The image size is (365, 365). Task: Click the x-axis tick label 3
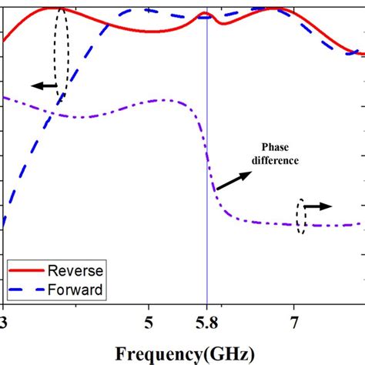pyautogui.click(x=4, y=318)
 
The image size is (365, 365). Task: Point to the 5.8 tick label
pyautogui.click(x=206, y=318)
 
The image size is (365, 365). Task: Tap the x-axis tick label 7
pyautogui.click(x=293, y=318)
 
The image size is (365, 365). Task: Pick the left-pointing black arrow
pyautogui.click(x=45, y=86)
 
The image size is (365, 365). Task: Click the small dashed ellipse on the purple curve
pyautogui.click(x=301, y=216)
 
